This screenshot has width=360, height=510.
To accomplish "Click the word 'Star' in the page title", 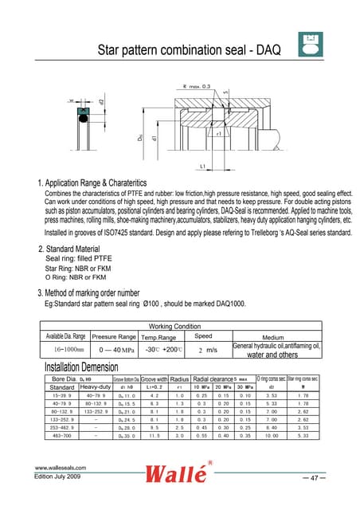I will pyautogui.click(x=110, y=51).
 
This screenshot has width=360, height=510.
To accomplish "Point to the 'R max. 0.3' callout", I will pyautogui.click(x=197, y=85).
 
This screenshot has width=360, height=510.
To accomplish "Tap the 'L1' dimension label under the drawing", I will pyautogui.click(x=205, y=166).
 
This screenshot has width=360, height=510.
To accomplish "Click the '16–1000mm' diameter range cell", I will pyautogui.click(x=64, y=349).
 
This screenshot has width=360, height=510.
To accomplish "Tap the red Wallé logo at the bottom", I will pyautogui.click(x=180, y=478).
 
